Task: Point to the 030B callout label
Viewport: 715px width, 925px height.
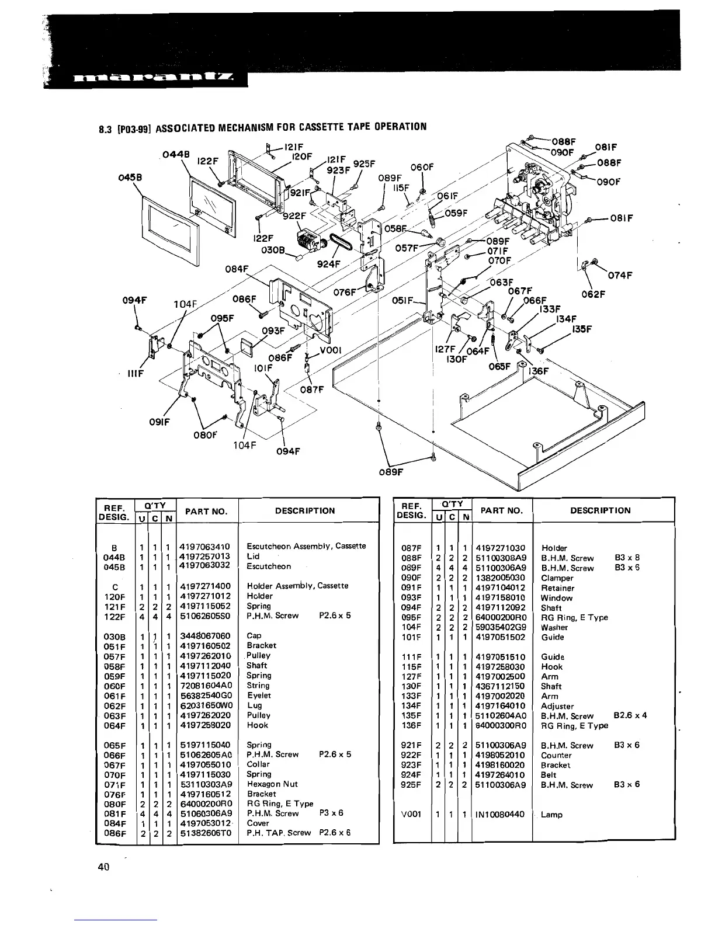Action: [x=273, y=252]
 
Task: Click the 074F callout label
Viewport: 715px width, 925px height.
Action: [x=620, y=276]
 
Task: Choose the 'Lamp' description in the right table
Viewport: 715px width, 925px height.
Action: [x=551, y=814]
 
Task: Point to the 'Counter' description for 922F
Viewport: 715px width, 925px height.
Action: [x=556, y=755]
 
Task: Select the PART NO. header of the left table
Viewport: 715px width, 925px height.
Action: [x=206, y=512]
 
